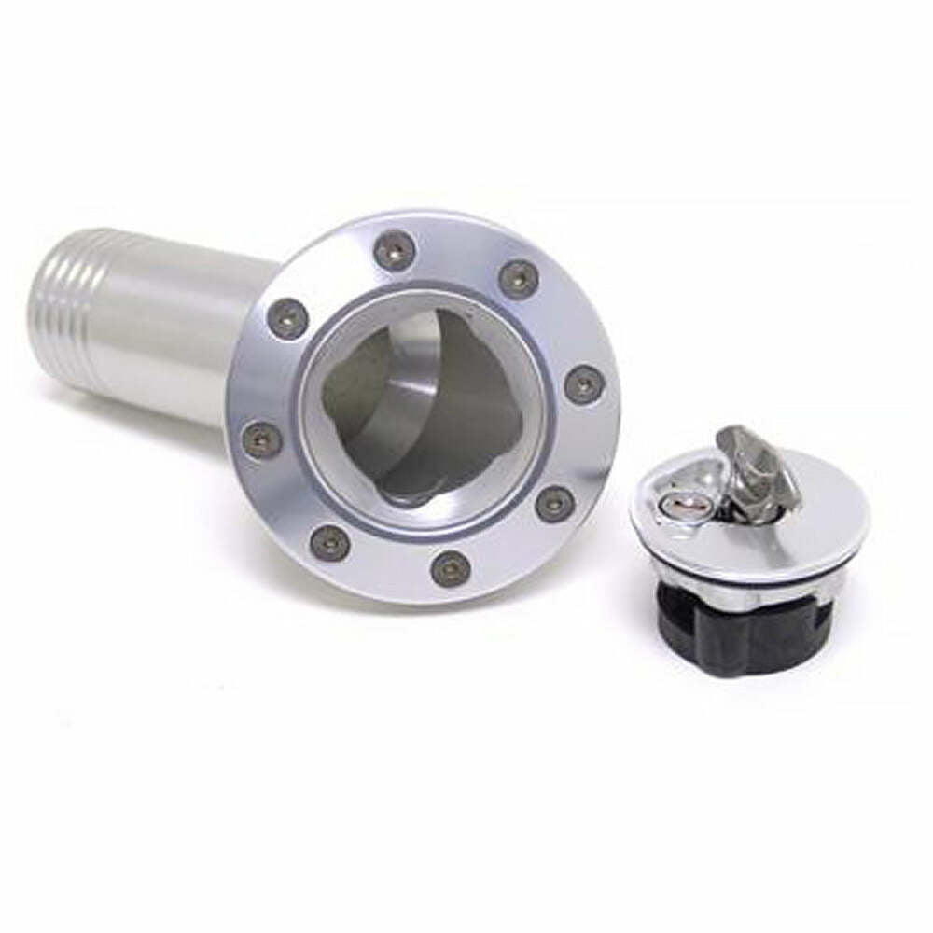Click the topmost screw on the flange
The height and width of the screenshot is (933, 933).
coord(395,250)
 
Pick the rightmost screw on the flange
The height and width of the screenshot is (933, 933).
coord(584,384)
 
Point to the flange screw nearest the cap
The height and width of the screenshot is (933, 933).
coord(556,503)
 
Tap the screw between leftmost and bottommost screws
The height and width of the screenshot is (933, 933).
coord(329,542)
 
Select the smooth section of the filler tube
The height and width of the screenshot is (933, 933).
coord(177,345)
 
